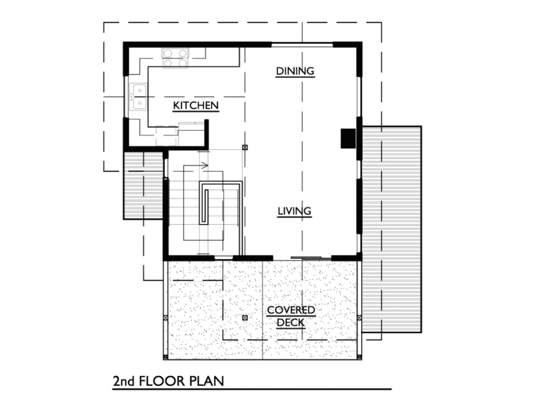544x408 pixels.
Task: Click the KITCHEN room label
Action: pyautogui.click(x=195, y=106)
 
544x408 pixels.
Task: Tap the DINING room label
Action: pyautogui.click(x=295, y=71)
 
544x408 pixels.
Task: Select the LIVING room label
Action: pyautogui.click(x=294, y=211)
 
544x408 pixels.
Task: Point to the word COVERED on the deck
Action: pyautogui.click(x=291, y=310)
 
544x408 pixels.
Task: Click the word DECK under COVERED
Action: pyautogui.click(x=291, y=322)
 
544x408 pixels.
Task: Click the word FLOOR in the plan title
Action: pyautogui.click(x=161, y=381)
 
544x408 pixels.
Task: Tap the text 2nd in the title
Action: pyautogui.click(x=124, y=381)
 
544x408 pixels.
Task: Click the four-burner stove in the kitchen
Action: pyautogui.click(x=175, y=58)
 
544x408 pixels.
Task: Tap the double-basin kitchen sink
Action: pyautogui.click(x=138, y=96)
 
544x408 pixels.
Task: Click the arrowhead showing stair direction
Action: pyautogui.click(x=205, y=165)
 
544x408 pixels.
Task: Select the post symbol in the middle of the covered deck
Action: pyautogui.click(x=245, y=317)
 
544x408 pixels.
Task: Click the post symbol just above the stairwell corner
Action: pyautogui.click(x=245, y=147)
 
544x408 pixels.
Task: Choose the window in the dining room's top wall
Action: pyautogui.click(x=302, y=44)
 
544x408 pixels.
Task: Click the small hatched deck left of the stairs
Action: pyautogui.click(x=143, y=184)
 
